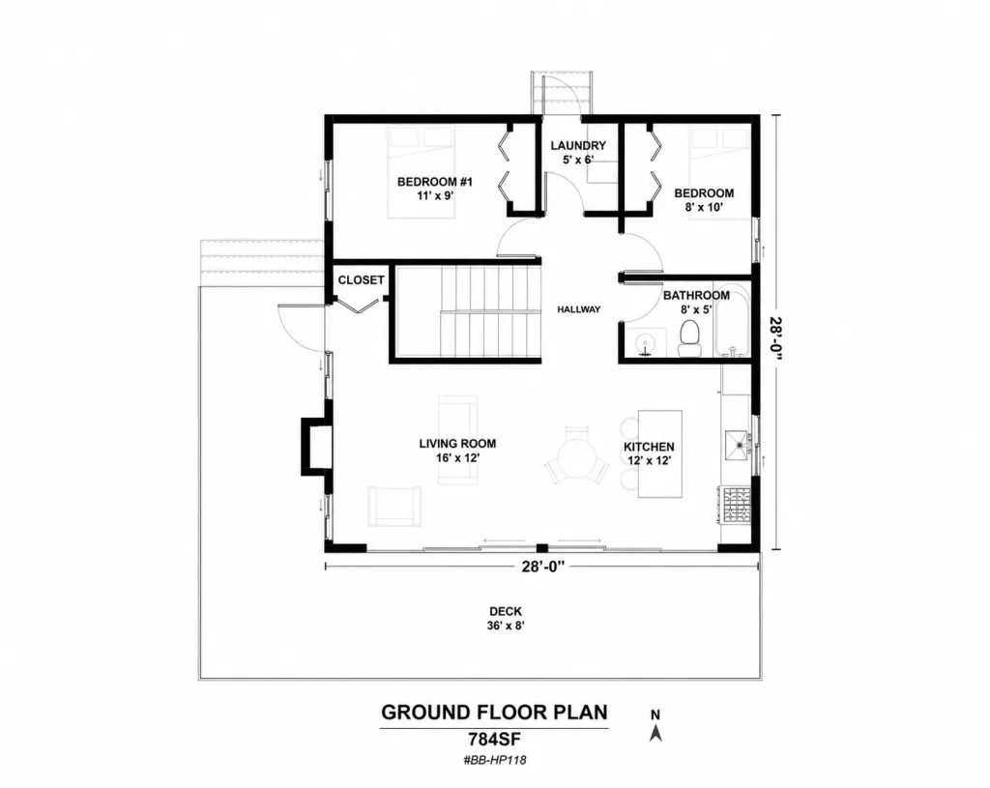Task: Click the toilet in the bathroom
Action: (x=689, y=338)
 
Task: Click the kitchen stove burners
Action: (x=736, y=505)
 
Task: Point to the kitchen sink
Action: (x=736, y=445)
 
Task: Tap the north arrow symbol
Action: (x=656, y=732)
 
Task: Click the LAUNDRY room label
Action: (x=578, y=146)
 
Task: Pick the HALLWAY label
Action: (x=579, y=309)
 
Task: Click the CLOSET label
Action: (x=362, y=279)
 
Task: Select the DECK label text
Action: (x=506, y=611)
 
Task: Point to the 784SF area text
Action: (x=494, y=738)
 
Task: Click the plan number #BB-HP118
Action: (x=494, y=760)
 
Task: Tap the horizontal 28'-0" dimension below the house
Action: (x=543, y=567)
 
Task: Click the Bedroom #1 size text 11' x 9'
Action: (x=436, y=195)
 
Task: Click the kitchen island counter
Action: (x=660, y=453)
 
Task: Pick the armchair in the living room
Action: (x=394, y=507)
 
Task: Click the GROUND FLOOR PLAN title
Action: (x=494, y=713)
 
